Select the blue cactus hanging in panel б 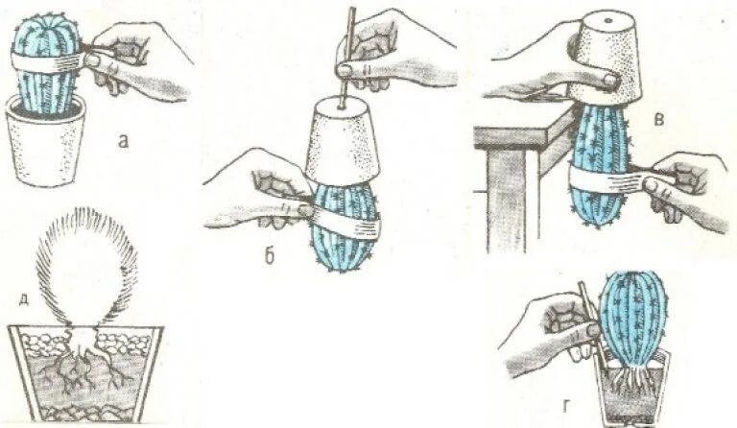tap(343, 226)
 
